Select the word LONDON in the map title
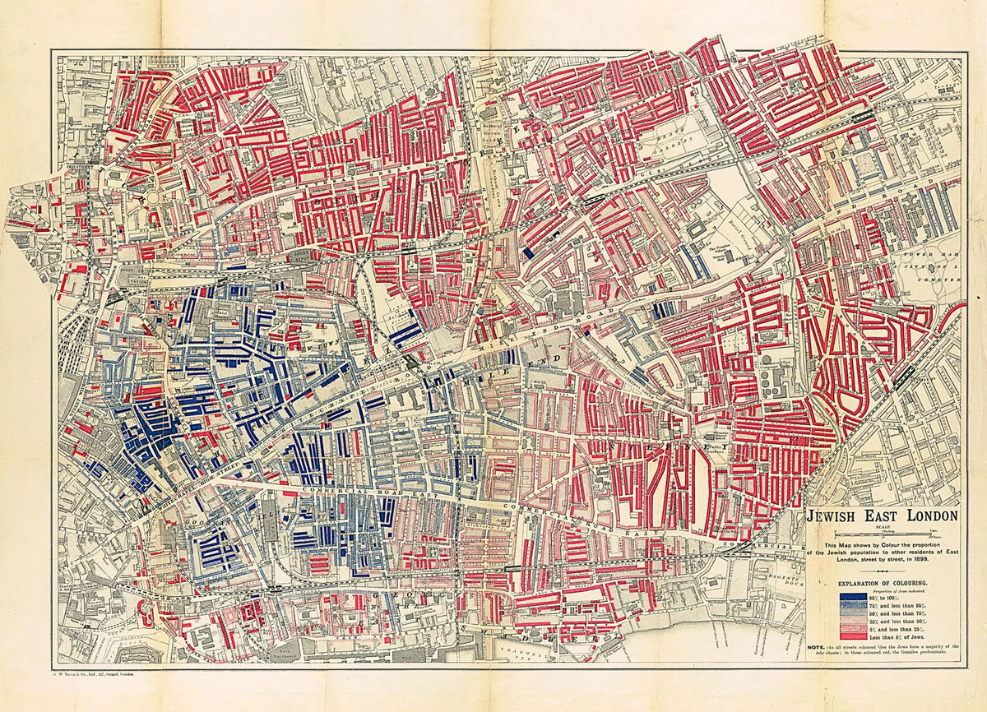point(929,516)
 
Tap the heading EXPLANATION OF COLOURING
point(884,582)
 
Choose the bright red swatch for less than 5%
point(853,636)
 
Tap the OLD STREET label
point(80,171)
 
